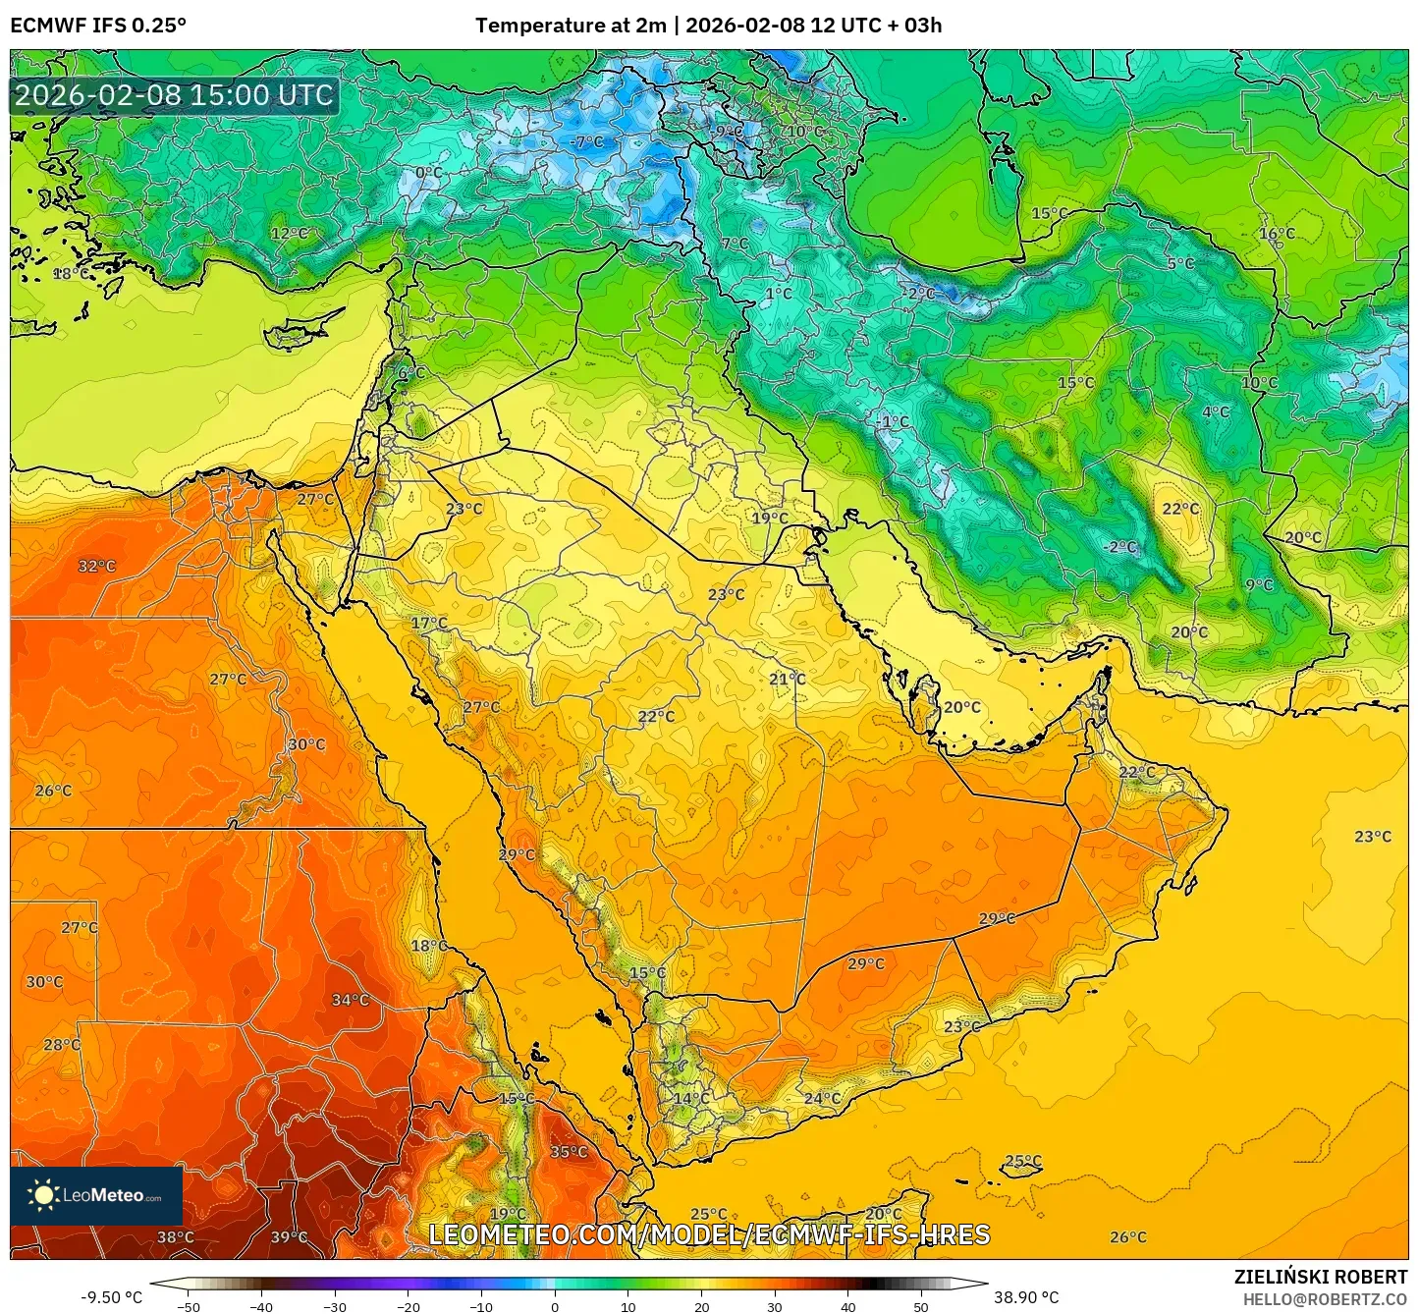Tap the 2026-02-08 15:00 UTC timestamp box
(x=174, y=95)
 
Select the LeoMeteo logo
(x=96, y=1195)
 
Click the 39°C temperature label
(x=289, y=1237)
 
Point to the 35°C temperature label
(x=569, y=1152)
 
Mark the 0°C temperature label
(x=428, y=173)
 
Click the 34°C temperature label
(x=350, y=1000)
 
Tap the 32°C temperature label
(x=96, y=566)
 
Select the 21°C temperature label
(x=787, y=679)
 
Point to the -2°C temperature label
(x=1119, y=547)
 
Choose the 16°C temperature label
(x=1277, y=234)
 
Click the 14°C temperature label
(x=690, y=1098)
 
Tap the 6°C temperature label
(x=410, y=373)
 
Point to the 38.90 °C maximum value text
(x=1026, y=1297)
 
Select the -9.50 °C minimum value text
(x=111, y=1297)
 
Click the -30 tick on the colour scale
(x=335, y=1306)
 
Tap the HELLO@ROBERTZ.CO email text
(x=1325, y=1299)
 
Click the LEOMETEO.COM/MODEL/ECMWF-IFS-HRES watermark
(x=709, y=1234)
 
